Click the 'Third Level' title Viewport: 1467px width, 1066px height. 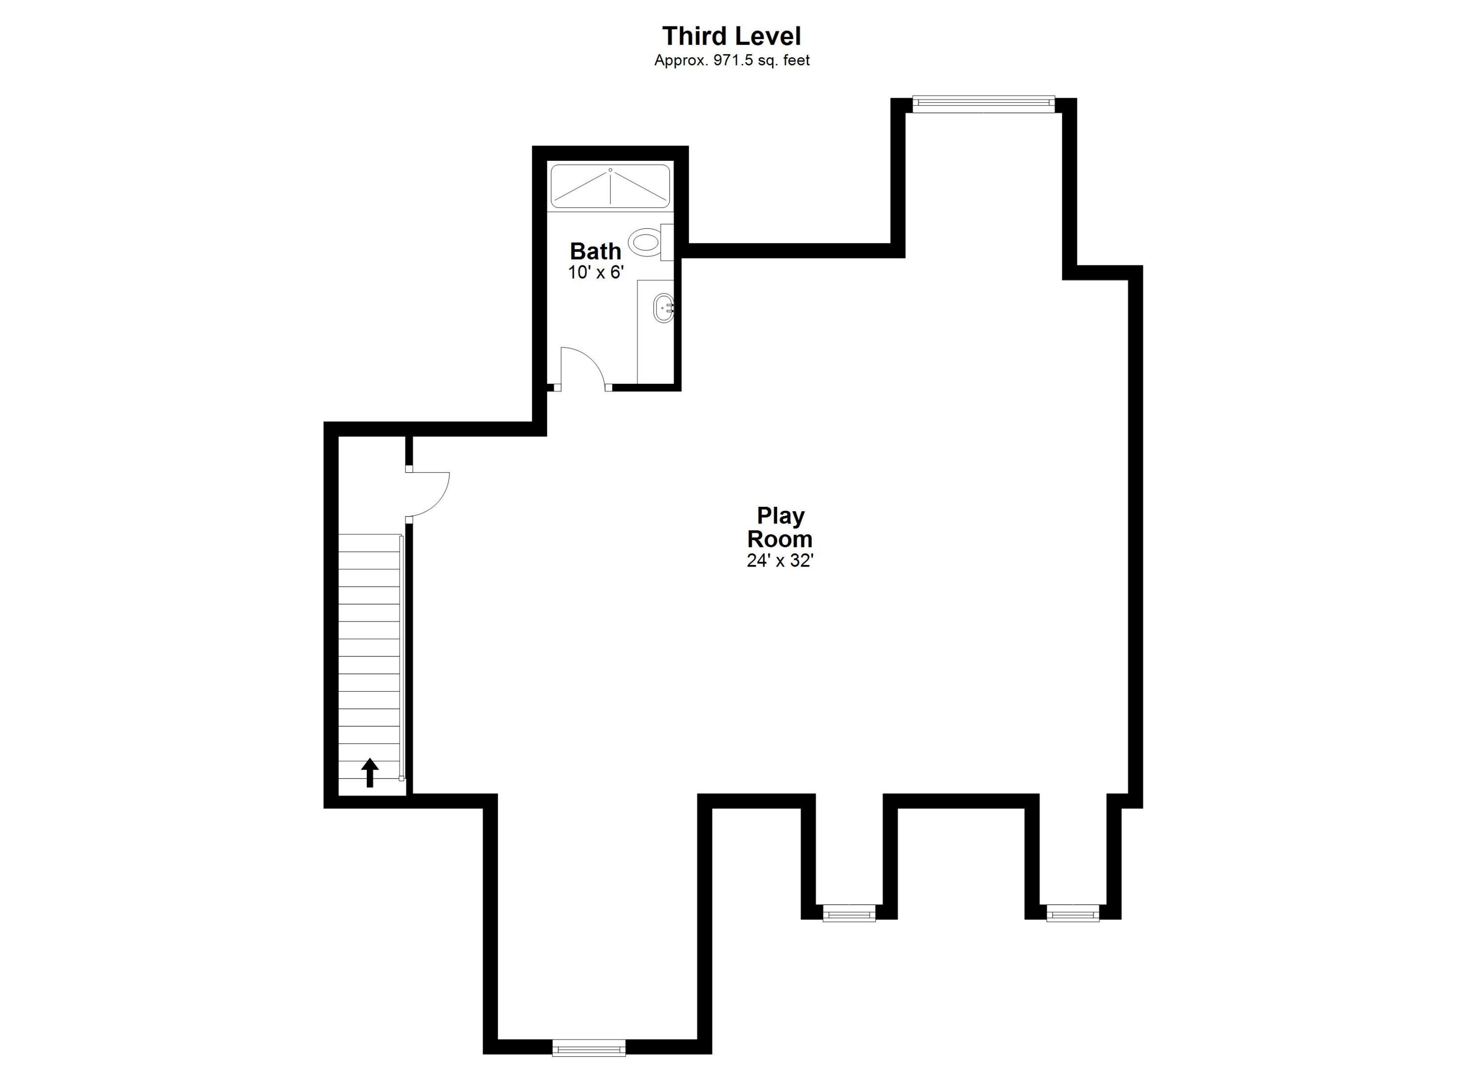point(732,36)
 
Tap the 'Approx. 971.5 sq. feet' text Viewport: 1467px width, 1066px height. point(732,61)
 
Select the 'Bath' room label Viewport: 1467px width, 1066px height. point(595,251)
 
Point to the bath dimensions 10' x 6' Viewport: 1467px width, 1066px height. point(595,273)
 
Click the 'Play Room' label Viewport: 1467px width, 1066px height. point(780,527)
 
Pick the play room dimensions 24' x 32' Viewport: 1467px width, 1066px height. point(780,561)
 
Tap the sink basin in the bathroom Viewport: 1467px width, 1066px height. point(664,308)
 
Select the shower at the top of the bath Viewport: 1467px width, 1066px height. point(610,186)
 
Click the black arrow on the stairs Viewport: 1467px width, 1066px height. point(369,773)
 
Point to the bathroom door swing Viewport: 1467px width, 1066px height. point(582,369)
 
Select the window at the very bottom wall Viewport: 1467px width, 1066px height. point(589,1047)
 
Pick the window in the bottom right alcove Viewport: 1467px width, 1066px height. point(1072,913)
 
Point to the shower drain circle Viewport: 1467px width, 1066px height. point(610,170)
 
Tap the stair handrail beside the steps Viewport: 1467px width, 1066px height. point(401,656)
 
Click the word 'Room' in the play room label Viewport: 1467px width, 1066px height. point(780,539)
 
